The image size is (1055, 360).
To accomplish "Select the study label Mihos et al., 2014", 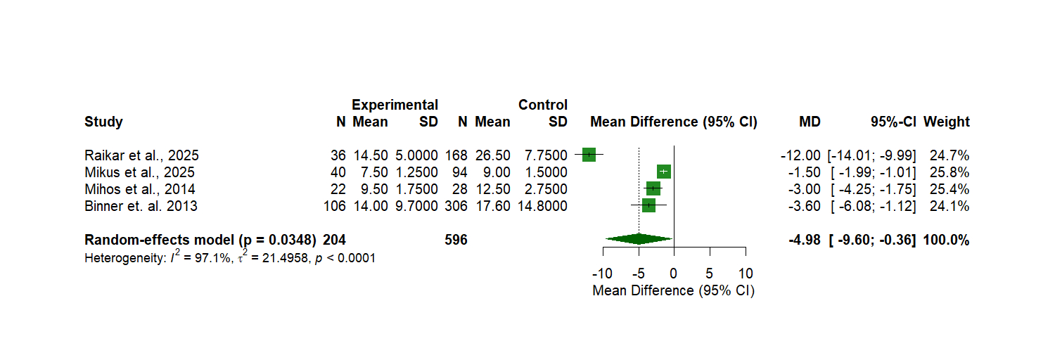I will click(140, 189).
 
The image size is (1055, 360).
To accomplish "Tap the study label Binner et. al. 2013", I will click(141, 206).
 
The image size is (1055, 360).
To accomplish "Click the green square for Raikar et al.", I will click(589, 155).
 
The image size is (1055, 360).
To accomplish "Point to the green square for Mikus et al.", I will click(663, 172).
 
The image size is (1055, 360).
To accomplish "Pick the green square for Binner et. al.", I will click(648, 205).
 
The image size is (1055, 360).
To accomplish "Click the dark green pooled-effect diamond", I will click(639, 240).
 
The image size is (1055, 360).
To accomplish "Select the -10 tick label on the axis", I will click(601, 273).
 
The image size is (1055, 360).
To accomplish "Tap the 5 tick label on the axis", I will click(710, 273).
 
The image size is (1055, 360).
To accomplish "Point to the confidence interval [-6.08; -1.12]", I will click(871, 206).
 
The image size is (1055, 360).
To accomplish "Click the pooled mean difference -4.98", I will click(805, 240).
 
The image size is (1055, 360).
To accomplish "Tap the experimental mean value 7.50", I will click(370, 172).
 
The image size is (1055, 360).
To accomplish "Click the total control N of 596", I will click(456, 240).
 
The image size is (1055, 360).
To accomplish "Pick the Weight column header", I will click(947, 122).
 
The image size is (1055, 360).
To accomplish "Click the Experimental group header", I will click(395, 105).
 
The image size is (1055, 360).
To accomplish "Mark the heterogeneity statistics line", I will click(230, 257).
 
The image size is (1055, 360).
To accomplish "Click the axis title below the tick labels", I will click(673, 290).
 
